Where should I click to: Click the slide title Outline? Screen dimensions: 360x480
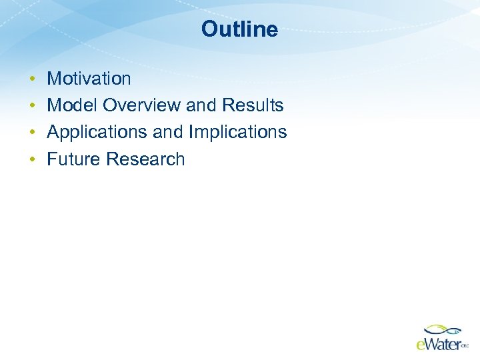click(239, 29)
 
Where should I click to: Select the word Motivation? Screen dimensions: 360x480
click(89, 79)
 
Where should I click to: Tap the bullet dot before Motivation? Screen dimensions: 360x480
click(32, 79)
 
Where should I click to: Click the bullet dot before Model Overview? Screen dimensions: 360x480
click(32, 106)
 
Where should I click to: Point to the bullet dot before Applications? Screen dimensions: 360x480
click(32, 133)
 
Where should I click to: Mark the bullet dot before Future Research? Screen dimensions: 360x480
click(32, 159)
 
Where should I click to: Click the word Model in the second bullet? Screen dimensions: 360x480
click(72, 105)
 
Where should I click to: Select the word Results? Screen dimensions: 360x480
click(253, 105)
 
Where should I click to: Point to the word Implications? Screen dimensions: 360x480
click(238, 133)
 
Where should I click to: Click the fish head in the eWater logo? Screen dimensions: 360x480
click(456, 329)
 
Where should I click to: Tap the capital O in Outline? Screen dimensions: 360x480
click(209, 29)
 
